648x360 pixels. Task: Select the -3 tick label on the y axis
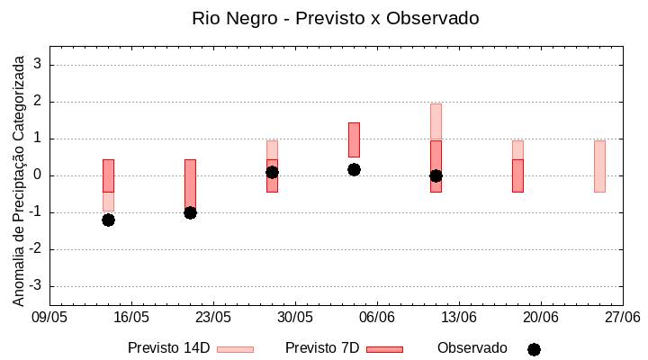(37, 286)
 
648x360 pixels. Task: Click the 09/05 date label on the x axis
(49, 318)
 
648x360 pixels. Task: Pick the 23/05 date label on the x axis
(213, 318)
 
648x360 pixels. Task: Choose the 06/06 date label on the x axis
(377, 318)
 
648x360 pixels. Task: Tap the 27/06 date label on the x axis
(623, 318)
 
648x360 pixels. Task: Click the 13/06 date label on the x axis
(459, 318)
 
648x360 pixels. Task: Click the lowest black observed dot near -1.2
(108, 220)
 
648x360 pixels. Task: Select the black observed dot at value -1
(190, 212)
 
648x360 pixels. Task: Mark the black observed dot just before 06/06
(354, 169)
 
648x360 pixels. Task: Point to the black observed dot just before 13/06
(436, 175)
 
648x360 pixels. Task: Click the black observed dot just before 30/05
(272, 172)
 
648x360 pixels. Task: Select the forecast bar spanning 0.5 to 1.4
(354, 139)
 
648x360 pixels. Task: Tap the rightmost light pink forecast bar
(599, 166)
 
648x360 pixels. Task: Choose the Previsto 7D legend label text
(322, 348)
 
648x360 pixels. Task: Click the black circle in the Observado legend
(534, 349)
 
